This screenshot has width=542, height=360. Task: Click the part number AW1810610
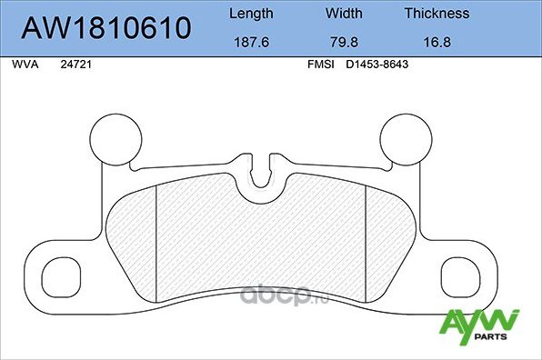click(x=105, y=27)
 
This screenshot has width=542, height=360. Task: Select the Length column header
click(x=251, y=14)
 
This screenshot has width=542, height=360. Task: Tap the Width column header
click(x=344, y=14)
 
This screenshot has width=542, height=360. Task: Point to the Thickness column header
click(x=437, y=14)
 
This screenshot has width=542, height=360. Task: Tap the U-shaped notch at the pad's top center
click(x=263, y=173)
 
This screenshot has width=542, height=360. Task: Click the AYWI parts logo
click(x=480, y=325)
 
